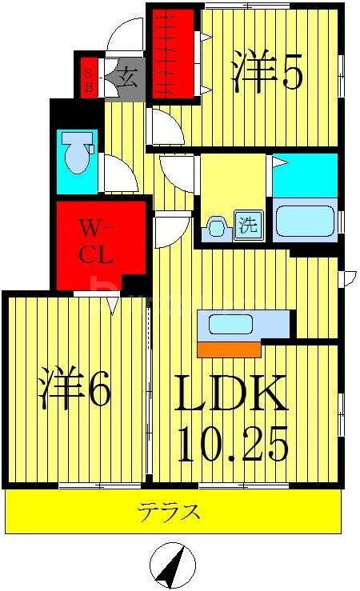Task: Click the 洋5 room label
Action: click(x=267, y=71)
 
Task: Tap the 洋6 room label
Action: click(x=73, y=389)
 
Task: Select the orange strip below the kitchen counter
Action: click(x=229, y=349)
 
